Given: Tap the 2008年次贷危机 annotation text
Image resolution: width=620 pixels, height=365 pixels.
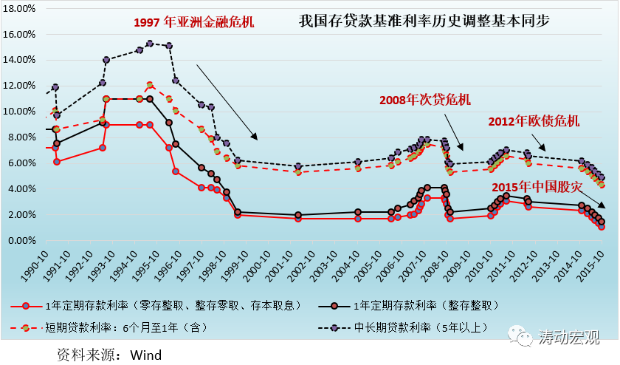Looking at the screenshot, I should pos(424,99).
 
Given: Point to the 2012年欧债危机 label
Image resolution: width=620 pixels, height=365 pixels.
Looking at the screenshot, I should pos(534,120).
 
